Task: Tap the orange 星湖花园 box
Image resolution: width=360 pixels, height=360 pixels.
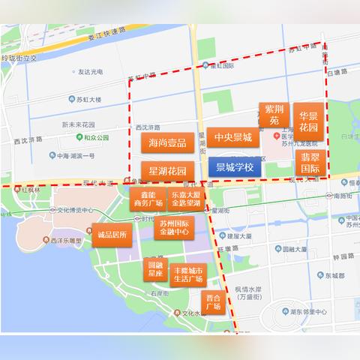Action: pos(167,171)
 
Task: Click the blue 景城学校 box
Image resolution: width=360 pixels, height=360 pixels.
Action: pos(235,166)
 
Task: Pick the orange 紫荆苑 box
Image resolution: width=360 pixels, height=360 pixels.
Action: pos(274,114)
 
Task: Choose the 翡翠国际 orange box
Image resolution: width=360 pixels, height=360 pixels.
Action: pos(310,163)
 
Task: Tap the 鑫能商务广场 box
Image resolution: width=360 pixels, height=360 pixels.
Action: pos(147,199)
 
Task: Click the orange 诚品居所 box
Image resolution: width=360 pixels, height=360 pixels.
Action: pos(115,235)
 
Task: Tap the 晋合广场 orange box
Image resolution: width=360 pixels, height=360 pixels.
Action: pos(213,302)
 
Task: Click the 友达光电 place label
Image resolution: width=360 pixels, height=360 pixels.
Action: pos(88,72)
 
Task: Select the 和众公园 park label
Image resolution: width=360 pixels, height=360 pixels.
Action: pos(96,138)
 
